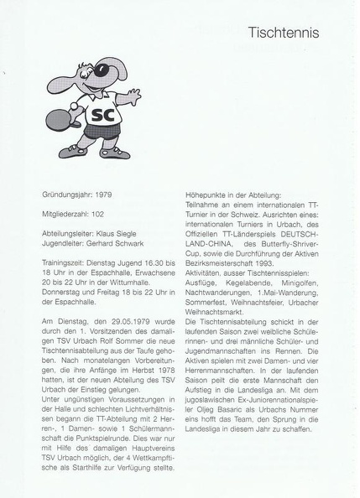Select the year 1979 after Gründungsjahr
[102, 194]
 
